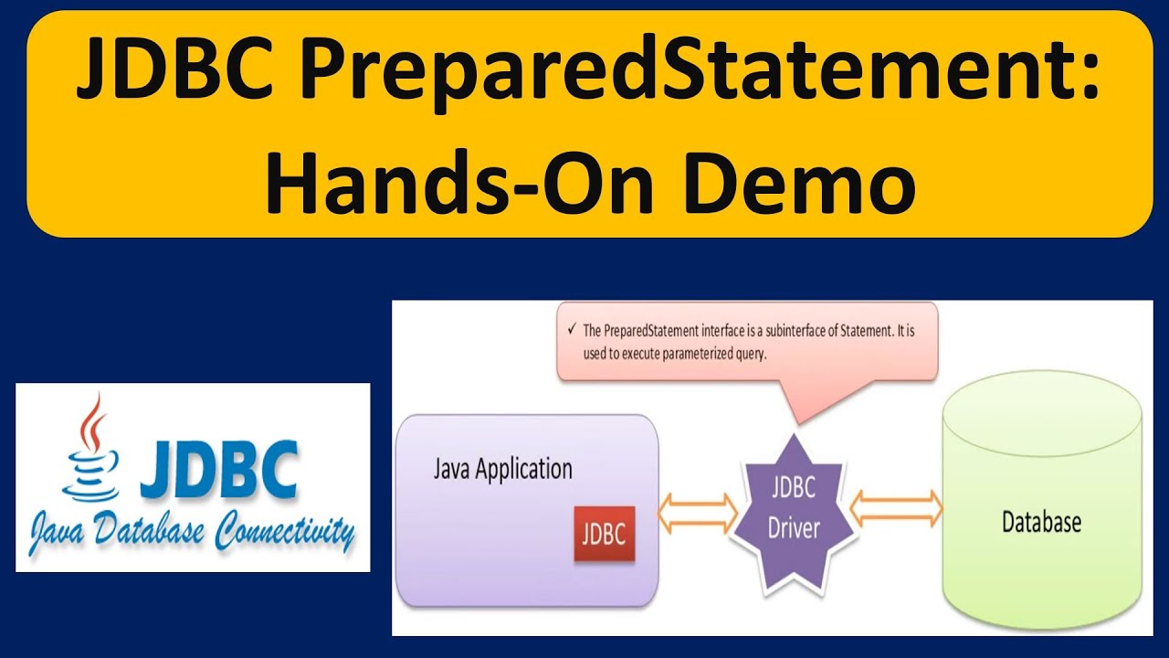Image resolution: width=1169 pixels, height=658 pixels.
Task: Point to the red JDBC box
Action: click(603, 533)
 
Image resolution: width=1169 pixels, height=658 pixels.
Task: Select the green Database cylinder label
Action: click(1041, 522)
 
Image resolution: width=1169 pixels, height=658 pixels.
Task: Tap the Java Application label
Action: click(502, 470)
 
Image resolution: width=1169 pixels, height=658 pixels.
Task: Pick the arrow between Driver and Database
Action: click(897, 508)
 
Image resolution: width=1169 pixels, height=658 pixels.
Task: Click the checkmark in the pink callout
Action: click(572, 330)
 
